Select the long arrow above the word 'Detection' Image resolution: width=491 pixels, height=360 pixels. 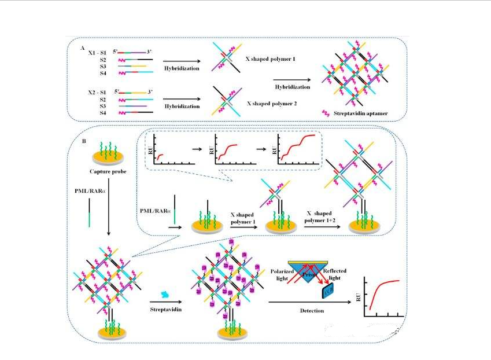click(311, 302)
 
